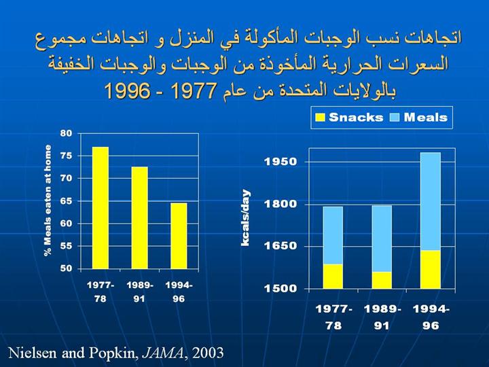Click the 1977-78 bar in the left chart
(x=101, y=207)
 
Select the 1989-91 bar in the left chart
(x=139, y=217)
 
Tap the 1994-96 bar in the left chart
(x=179, y=235)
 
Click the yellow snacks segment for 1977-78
(x=333, y=276)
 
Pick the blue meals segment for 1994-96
(x=431, y=201)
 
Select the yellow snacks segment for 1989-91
(x=382, y=280)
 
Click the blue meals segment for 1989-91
(x=382, y=239)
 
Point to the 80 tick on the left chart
(x=66, y=133)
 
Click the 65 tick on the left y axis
(x=66, y=200)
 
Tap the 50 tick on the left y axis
(x=66, y=268)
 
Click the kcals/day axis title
(x=247, y=217)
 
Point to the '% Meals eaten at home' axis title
(x=48, y=201)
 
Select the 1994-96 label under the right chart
(x=431, y=317)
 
